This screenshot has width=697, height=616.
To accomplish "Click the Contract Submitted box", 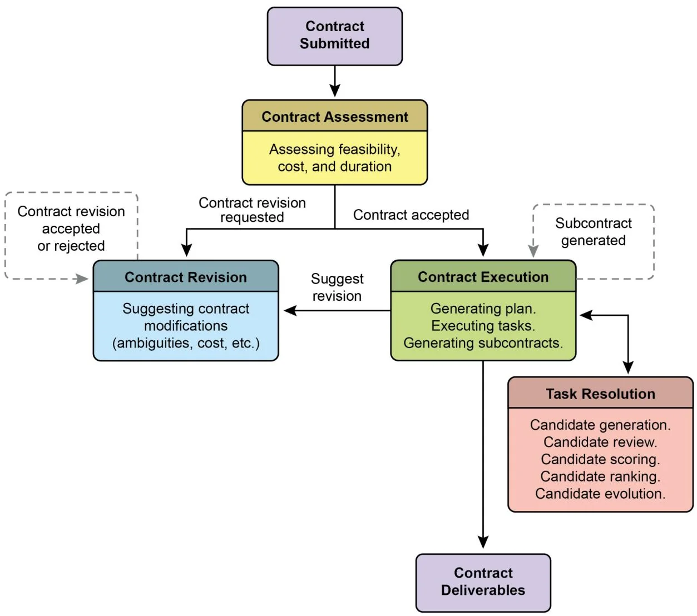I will click(334, 36).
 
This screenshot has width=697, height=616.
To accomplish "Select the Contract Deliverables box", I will click(483, 582).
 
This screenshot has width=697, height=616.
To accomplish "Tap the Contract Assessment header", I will click(334, 117).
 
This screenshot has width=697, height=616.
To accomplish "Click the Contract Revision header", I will click(185, 277).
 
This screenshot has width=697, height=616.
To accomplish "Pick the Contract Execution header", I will click(483, 277).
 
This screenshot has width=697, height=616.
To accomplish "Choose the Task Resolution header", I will click(600, 394).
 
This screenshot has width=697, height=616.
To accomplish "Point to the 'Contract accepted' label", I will click(411, 215).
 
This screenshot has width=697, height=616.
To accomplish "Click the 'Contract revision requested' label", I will click(252, 210).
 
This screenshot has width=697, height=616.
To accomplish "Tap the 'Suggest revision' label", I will click(337, 287).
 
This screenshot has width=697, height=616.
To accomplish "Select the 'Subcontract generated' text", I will click(594, 232).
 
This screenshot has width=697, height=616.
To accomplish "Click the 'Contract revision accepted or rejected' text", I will click(71, 228).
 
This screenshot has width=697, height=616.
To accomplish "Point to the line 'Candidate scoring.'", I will click(600, 459).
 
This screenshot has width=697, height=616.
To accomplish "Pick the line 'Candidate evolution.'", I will click(600, 494).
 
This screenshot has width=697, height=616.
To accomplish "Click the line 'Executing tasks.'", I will click(483, 326).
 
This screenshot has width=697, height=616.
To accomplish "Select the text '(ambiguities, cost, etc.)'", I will click(186, 343).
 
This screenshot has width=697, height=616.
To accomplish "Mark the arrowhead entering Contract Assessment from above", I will click(335, 91).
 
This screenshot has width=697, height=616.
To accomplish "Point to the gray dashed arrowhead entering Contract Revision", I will click(82, 279).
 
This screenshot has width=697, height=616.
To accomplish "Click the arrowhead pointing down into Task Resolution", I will click(628, 367).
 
